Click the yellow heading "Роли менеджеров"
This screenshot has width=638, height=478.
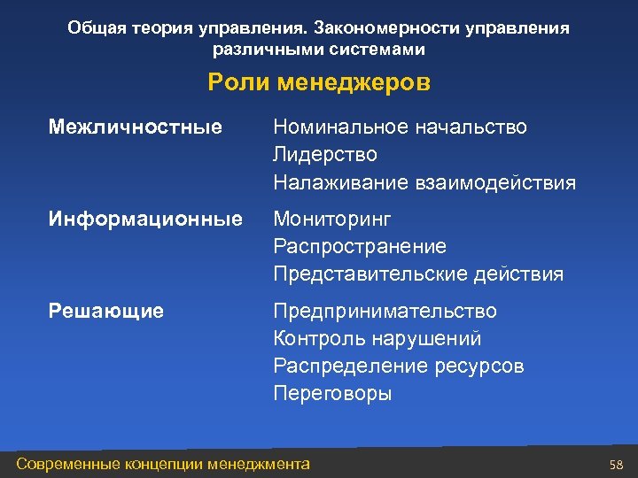click(319, 83)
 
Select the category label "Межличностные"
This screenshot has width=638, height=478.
click(135, 127)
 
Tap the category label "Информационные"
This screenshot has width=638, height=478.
click(145, 219)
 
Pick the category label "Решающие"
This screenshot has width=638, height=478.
click(106, 311)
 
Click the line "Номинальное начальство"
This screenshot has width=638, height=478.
click(400, 127)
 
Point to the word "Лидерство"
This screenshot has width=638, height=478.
click(325, 155)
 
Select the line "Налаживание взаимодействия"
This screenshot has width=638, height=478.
click(424, 183)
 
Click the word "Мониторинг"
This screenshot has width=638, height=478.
click(331, 219)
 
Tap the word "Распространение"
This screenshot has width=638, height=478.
click(360, 246)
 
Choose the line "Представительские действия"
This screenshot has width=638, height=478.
click(418, 274)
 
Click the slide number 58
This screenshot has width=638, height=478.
click(617, 465)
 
